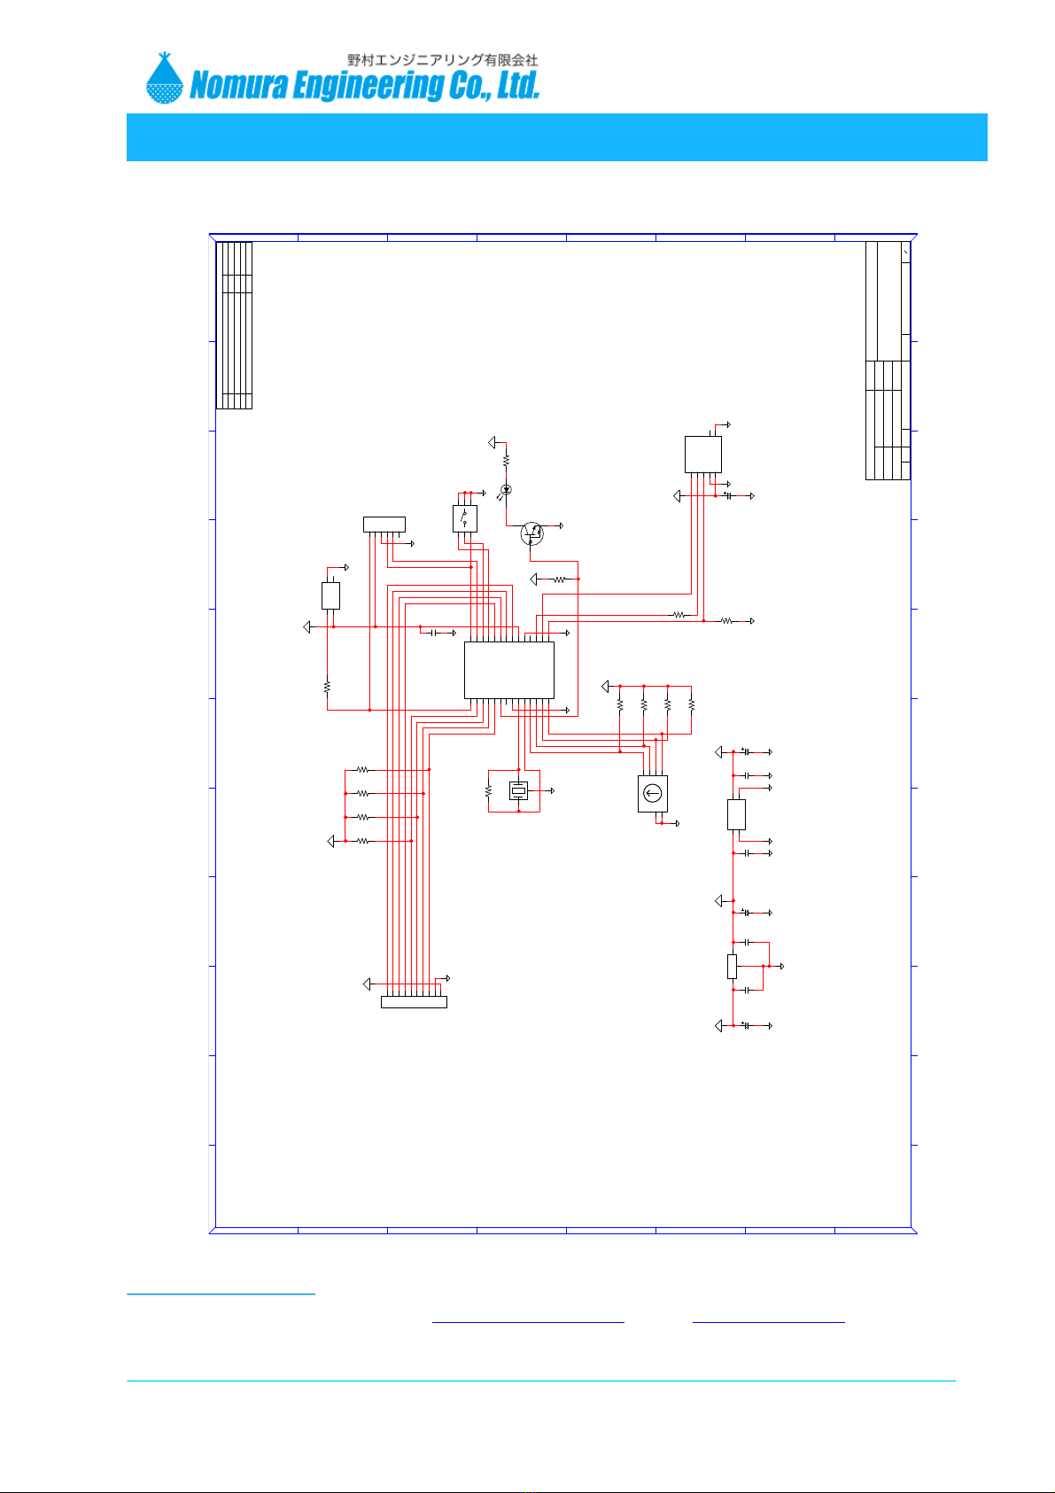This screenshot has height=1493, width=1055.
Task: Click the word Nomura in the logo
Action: pos(238,85)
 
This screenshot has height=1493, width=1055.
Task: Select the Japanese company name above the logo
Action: pos(443,60)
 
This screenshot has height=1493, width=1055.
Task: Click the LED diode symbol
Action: pos(506,490)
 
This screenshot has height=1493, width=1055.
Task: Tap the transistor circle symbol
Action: pos(531,533)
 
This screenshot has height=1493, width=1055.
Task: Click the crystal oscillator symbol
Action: pos(518,790)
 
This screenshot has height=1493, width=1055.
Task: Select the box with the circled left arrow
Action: pos(653,793)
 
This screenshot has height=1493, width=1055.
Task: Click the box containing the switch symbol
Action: pos(464,518)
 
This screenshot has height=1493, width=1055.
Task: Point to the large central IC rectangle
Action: pos(509,670)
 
